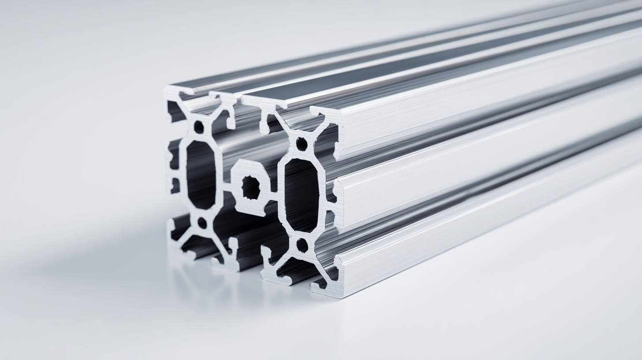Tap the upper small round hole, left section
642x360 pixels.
coord(199,127)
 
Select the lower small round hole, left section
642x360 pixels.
coord(202,223)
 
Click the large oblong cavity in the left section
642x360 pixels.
coord(201,175)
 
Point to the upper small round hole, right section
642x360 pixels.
coord(302,144)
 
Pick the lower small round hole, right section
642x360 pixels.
coord(302,245)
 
